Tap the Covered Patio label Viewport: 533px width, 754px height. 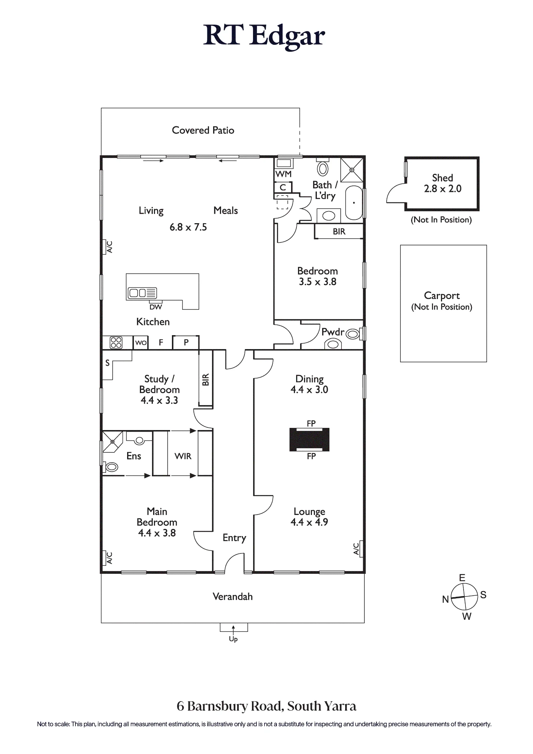203,130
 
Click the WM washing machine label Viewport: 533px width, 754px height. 283,174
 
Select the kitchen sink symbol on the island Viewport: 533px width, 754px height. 142,293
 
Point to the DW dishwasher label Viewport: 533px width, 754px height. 156,307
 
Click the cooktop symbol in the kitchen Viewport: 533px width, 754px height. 116,343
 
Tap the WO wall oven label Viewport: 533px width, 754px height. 141,343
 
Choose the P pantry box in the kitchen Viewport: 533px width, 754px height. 186,343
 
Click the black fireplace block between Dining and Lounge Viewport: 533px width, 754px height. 309,440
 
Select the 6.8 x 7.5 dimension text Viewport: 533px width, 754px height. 188,227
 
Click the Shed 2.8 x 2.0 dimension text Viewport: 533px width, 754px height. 442,188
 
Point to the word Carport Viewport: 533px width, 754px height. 442,296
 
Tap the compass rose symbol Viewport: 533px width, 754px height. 464,597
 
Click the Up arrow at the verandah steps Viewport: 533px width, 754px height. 233,629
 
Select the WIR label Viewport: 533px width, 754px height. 183,456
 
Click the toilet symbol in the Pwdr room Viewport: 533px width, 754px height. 353,334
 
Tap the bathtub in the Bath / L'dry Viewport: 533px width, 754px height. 354,202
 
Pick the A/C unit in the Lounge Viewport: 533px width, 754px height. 358,549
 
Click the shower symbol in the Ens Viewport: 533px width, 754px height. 112,441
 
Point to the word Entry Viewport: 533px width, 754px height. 234,538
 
